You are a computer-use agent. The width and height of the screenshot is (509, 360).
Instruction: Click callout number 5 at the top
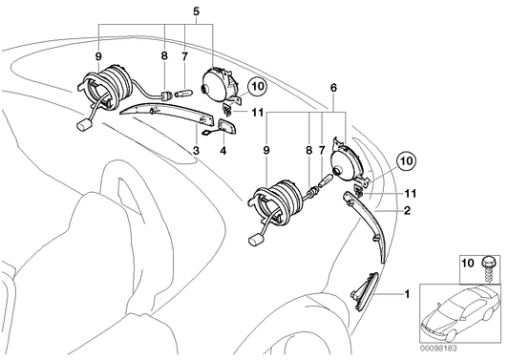(x=196, y=11)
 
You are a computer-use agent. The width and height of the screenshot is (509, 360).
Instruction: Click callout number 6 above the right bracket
(x=333, y=88)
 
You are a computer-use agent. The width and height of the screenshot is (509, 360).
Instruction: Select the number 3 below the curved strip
(x=196, y=150)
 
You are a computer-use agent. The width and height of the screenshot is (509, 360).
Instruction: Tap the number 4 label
(x=223, y=150)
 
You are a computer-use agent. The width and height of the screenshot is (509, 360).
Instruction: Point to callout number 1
(x=406, y=294)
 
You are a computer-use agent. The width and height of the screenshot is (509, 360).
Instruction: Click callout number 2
(x=407, y=210)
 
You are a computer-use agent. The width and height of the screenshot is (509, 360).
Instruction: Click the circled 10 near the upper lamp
(x=258, y=87)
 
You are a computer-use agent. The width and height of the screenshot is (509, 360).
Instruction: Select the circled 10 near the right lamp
(x=408, y=160)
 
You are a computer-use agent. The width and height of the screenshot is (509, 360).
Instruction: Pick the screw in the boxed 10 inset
(x=487, y=267)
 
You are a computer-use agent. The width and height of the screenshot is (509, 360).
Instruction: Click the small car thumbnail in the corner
(x=460, y=313)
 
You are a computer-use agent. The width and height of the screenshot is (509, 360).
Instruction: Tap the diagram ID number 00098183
(x=438, y=349)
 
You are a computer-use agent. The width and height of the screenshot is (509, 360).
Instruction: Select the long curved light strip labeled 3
(x=167, y=114)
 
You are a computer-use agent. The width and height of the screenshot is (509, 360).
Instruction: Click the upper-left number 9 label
(x=98, y=56)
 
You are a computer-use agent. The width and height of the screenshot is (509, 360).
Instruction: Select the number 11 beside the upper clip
(x=257, y=113)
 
